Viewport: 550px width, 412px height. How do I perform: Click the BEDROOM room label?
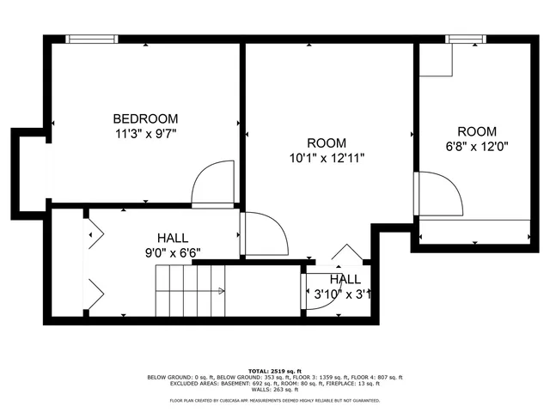[145, 118]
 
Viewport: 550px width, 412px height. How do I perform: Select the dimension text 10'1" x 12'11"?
[327, 157]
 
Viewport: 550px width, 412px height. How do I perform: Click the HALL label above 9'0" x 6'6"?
[173, 238]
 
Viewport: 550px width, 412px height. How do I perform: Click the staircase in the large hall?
[189, 290]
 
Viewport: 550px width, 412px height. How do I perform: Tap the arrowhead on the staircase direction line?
[223, 291]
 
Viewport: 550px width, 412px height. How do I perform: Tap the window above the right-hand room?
[466, 38]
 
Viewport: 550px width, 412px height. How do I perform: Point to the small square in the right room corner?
[435, 59]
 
